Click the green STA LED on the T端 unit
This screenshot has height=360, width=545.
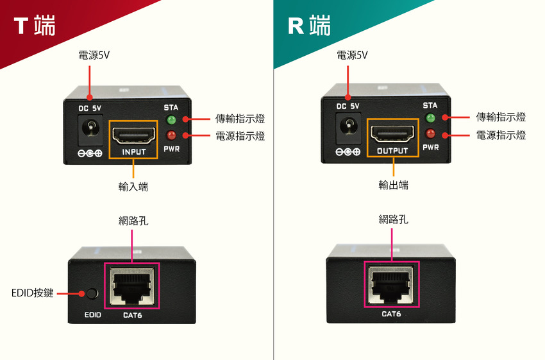pyautogui.click(x=171, y=120)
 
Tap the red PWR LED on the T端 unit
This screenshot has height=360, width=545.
pyautogui.click(x=171, y=135)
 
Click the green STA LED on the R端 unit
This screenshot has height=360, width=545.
pyautogui.click(x=430, y=118)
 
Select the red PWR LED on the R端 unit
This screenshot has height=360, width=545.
pyautogui.click(x=430, y=133)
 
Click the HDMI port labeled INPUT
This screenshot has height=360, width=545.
pyautogui.click(x=134, y=135)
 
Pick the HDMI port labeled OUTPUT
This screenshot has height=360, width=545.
pyautogui.click(x=392, y=134)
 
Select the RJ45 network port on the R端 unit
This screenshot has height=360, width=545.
pyautogui.click(x=391, y=284)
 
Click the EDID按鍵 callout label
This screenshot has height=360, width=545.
pyautogui.click(x=32, y=294)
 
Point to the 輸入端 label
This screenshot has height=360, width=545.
pyautogui.click(x=133, y=187)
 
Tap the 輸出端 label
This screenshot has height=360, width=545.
pyautogui.click(x=393, y=185)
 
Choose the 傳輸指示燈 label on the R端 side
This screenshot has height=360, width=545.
pyautogui.click(x=501, y=117)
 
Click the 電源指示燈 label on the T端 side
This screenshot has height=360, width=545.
pyautogui.click(x=240, y=136)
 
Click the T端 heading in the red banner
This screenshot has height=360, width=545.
pyautogui.click(x=35, y=26)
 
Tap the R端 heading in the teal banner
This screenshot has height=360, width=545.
pyautogui.click(x=310, y=26)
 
